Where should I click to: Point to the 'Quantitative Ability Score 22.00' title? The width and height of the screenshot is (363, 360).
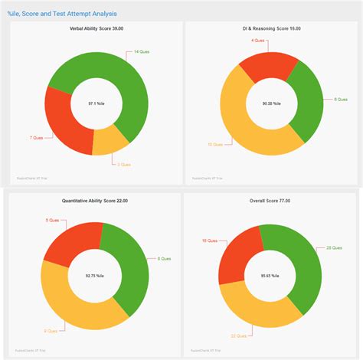(95, 201)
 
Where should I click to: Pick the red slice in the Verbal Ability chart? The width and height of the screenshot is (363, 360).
(62, 119)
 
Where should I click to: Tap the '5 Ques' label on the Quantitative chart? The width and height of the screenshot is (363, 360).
(53, 220)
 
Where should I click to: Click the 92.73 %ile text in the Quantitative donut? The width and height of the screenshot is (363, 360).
(96, 274)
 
